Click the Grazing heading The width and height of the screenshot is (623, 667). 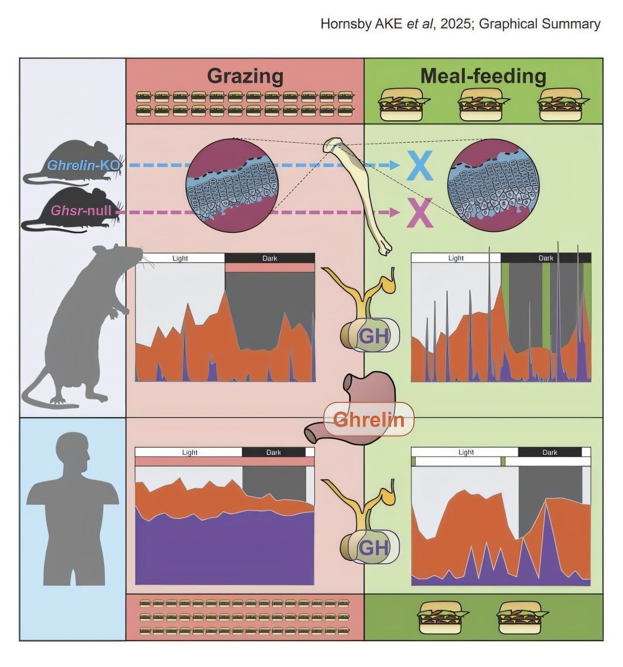coord(245,76)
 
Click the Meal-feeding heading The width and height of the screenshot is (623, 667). coord(483,76)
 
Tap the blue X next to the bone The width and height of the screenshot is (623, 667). coord(420,166)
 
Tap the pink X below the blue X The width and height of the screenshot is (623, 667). coord(420,212)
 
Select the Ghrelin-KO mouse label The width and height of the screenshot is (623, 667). coord(83,165)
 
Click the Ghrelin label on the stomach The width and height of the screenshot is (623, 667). coord(368,419)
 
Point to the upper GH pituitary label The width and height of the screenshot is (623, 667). coord(373,336)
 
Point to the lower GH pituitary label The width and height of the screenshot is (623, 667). coord(373,548)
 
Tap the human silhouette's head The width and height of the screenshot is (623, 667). coord(73,451)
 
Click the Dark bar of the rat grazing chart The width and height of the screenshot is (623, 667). coord(270,258)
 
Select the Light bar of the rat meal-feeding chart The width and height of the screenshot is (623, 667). coord(456,258)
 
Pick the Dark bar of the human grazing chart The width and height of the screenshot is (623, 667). coord(274,452)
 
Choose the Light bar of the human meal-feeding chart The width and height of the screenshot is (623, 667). coord(465,452)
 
